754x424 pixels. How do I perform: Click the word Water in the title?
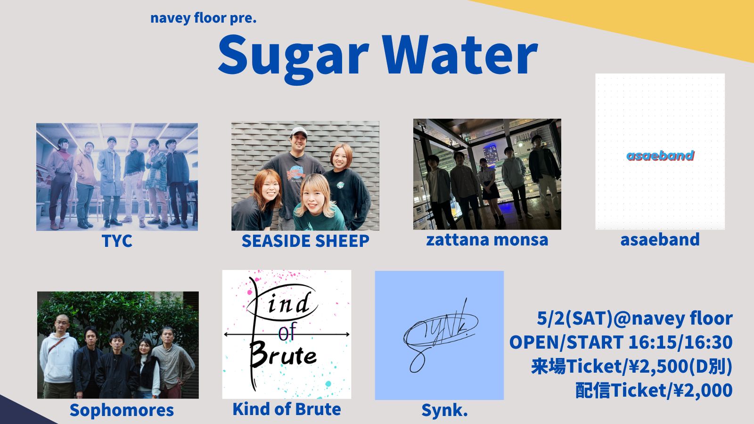pos(461,54)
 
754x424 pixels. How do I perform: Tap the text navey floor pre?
pos(203,18)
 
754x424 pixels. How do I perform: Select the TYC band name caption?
pos(117,241)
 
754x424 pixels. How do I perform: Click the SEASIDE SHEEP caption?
pos(305,241)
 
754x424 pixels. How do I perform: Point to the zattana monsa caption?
pos(487,240)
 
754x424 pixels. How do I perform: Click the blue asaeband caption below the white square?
pos(660,240)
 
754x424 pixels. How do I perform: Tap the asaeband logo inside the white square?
pos(660,155)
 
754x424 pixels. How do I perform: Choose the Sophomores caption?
pos(122,410)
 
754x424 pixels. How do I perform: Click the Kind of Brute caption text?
pos(287,409)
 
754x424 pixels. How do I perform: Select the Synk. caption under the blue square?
pos(444,410)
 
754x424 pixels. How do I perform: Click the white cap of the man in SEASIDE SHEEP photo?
pos(299,131)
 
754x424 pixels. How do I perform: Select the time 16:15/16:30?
pos(680,342)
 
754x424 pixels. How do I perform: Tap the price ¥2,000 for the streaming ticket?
pos(700,391)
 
